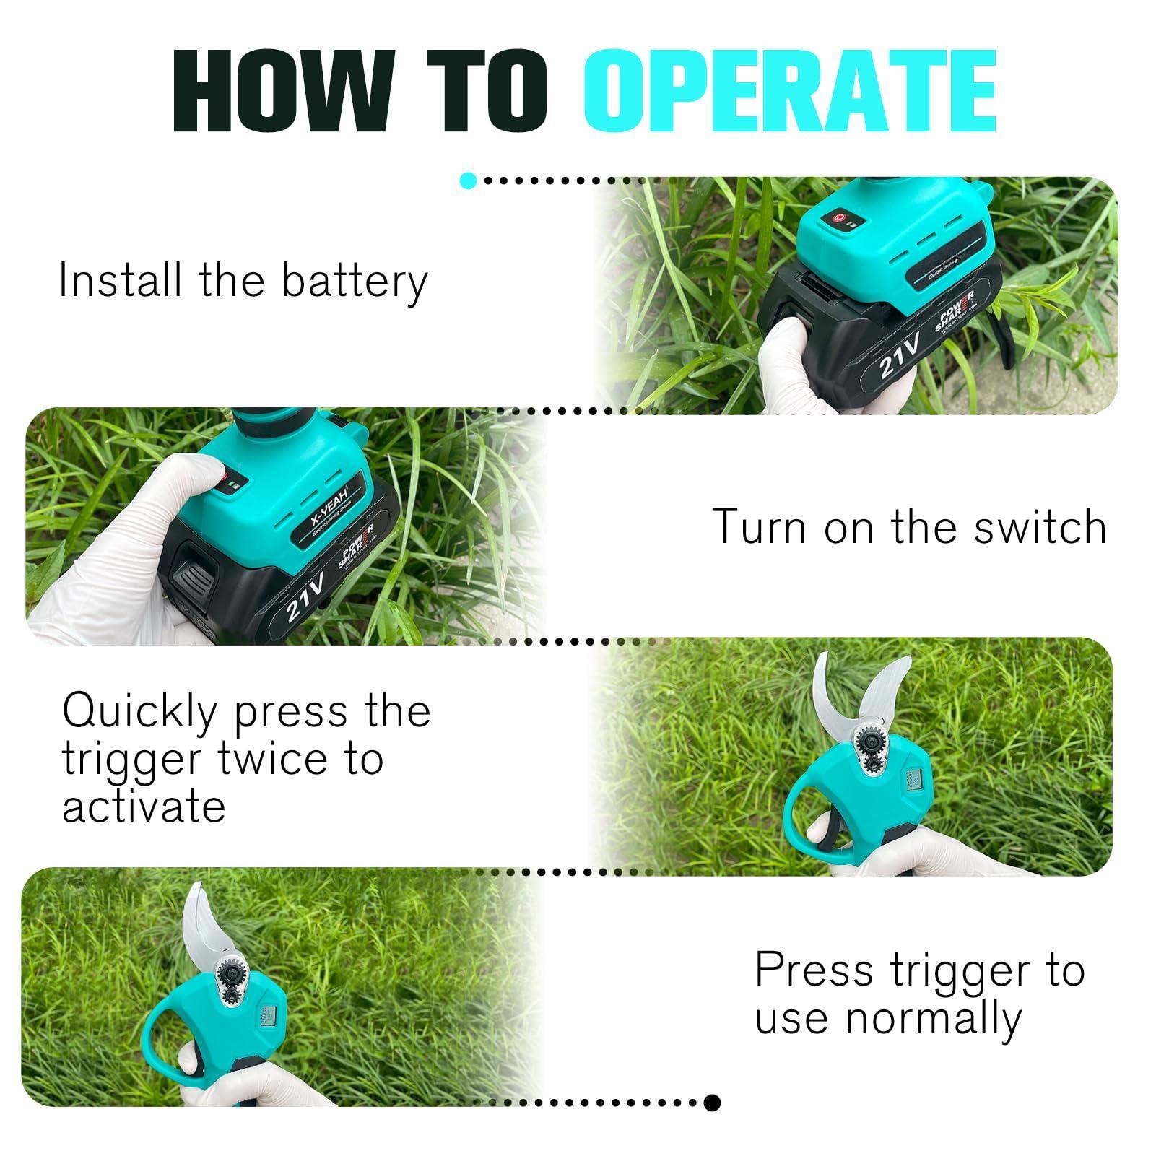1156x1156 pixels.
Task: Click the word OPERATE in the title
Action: coord(789,91)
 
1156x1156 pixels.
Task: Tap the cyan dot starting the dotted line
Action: coord(468,181)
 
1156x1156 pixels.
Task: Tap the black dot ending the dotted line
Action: coord(712,1103)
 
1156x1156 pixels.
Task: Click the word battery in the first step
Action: coord(355,282)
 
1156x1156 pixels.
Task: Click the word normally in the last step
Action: coord(933,1019)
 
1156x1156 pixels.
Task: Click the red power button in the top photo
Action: coord(838,216)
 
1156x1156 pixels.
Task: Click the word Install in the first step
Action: coord(120,280)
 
